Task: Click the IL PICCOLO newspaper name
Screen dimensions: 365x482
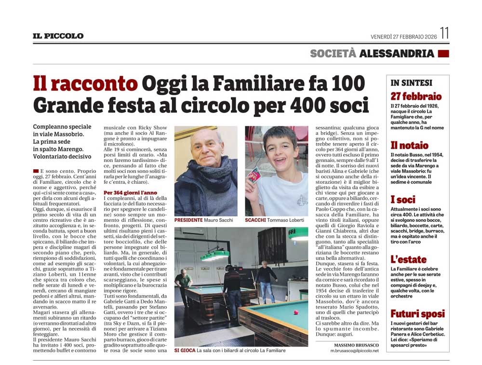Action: (x=58, y=36)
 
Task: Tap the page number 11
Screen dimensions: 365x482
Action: (x=444, y=34)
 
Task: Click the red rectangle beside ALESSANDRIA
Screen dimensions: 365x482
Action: (x=443, y=54)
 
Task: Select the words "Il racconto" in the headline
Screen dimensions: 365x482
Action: (x=85, y=84)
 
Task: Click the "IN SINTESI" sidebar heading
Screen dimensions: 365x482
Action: (x=411, y=83)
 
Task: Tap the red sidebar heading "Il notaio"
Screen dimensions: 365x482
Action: (x=409, y=145)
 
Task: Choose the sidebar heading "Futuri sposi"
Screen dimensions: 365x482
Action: (x=417, y=314)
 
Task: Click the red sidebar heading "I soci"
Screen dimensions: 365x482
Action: (x=403, y=200)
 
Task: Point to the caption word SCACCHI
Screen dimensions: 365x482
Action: (x=256, y=220)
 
